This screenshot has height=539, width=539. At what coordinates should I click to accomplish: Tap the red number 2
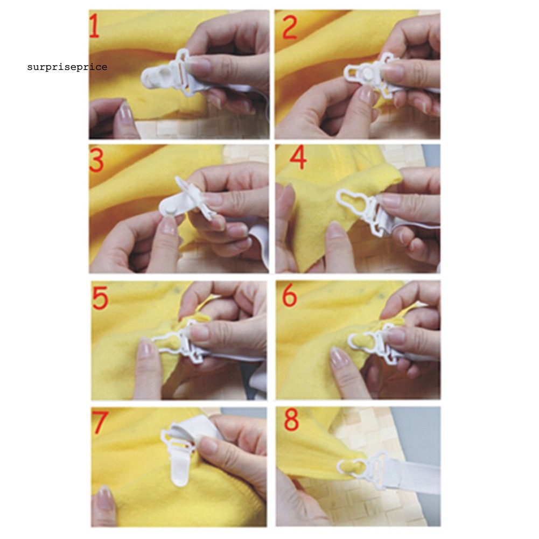coord(289,28)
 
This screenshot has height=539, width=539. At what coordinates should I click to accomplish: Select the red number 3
coord(97,162)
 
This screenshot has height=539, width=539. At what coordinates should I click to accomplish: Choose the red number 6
coord(290,296)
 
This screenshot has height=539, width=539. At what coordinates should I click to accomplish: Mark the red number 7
coord(100,423)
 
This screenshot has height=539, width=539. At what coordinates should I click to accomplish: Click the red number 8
coord(291,421)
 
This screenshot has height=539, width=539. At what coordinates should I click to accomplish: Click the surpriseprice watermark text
coord(67,67)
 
